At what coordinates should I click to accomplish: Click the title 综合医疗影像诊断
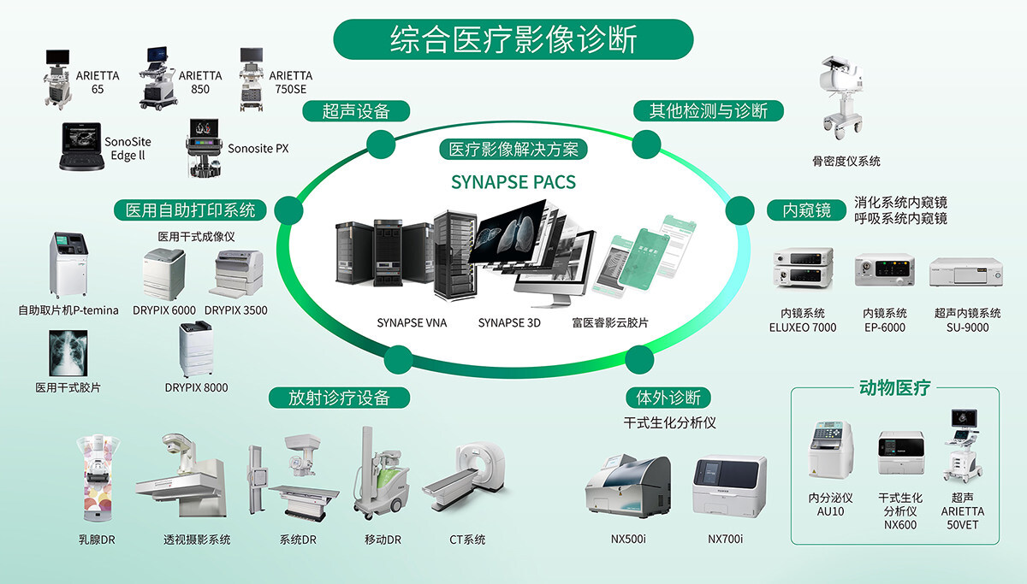click(x=513, y=38)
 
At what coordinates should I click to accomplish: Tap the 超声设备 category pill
click(x=356, y=111)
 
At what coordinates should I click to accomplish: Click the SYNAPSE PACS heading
click(x=513, y=182)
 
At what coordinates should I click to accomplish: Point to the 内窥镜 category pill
click(x=806, y=209)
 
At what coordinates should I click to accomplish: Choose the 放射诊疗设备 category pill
click(x=339, y=398)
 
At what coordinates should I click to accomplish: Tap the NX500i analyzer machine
click(x=627, y=487)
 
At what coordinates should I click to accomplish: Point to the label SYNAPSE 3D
click(x=510, y=323)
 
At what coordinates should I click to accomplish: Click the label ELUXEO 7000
click(x=803, y=327)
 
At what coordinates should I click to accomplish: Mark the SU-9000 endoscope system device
click(x=965, y=271)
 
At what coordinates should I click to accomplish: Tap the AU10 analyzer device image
click(x=830, y=451)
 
